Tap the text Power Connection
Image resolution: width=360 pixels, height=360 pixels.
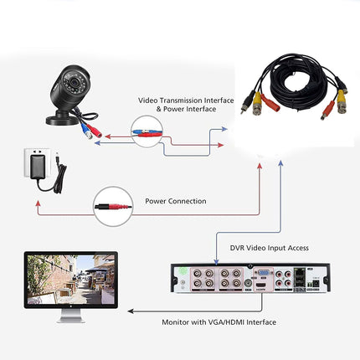point(175,201)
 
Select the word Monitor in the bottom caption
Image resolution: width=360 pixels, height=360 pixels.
point(180,321)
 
